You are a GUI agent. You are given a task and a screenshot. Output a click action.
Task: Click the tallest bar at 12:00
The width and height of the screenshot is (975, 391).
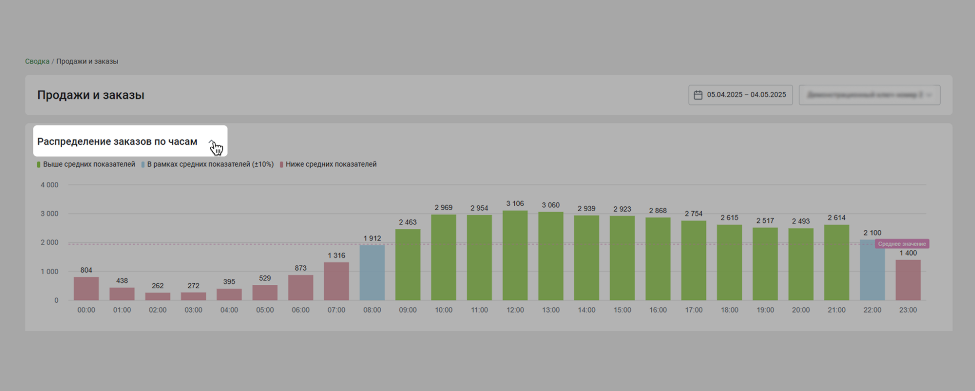coord(515,256)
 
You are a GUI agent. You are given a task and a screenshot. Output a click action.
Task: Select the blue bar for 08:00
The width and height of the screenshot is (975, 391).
coord(372,272)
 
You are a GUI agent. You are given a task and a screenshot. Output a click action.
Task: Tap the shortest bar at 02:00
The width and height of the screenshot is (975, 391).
coord(157,296)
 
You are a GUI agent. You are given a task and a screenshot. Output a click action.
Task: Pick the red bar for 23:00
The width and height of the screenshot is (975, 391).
coord(908,280)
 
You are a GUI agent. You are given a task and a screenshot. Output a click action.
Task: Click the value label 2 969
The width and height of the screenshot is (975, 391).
coord(443,208)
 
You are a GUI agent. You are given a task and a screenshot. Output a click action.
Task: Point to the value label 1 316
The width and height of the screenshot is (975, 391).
coord(336,256)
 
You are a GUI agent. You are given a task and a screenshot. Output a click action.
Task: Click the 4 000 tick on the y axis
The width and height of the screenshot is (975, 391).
coord(50,185)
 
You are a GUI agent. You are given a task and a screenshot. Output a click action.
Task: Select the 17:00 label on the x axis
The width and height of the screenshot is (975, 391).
coord(694,310)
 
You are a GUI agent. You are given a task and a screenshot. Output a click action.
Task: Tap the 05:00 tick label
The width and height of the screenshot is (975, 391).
coord(265,310)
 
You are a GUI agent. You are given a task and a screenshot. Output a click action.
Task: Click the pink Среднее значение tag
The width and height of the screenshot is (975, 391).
coord(902,243)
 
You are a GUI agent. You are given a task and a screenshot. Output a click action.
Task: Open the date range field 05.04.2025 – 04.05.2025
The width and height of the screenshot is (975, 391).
coord(740,95)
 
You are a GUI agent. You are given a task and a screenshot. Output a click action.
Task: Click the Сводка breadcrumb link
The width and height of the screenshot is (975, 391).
coord(37,61)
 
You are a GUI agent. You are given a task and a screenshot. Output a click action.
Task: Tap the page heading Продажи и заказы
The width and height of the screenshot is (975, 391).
coord(90,95)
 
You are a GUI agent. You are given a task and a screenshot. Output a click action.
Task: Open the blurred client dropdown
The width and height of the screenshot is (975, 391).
coord(869,95)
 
